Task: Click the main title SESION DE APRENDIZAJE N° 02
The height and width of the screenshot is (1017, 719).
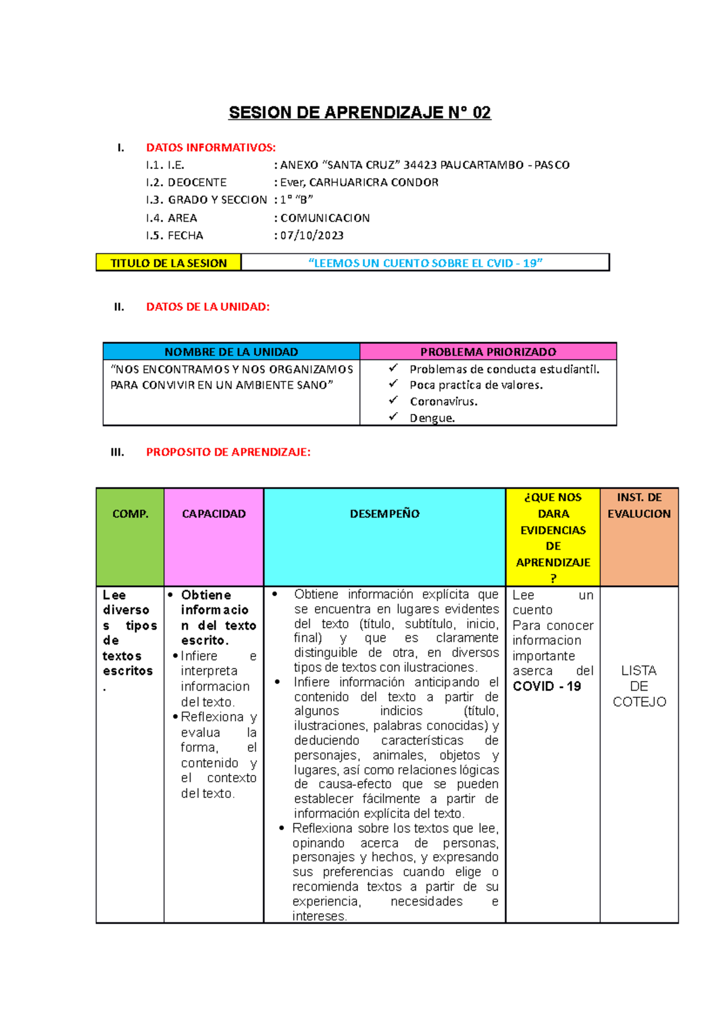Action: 359,113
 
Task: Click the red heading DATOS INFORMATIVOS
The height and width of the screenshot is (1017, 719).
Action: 211,147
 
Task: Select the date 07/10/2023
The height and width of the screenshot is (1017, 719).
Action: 312,235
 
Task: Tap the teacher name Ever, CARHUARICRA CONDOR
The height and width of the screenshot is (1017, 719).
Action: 359,182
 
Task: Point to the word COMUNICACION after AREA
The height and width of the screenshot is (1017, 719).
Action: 325,218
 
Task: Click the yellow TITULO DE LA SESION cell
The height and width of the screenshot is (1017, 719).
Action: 168,263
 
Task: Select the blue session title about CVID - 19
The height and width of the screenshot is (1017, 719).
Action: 425,263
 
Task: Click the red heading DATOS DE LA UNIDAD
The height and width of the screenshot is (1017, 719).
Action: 208,307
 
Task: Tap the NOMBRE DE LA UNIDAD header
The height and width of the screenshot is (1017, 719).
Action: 231,352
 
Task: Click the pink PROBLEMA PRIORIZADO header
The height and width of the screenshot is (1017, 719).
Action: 488,352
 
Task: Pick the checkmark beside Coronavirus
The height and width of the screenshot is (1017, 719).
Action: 393,400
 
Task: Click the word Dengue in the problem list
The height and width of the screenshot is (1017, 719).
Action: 431,418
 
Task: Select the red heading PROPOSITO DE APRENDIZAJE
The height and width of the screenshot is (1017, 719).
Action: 228,452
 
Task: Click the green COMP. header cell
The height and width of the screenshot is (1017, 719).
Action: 130,514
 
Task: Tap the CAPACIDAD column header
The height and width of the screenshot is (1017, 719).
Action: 214,514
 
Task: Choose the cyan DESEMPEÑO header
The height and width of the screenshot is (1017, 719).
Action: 385,514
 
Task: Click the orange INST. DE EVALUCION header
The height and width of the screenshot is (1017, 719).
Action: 639,506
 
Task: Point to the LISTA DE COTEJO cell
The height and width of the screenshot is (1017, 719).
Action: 639,686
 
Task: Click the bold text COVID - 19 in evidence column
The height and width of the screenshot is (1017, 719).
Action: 546,686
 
